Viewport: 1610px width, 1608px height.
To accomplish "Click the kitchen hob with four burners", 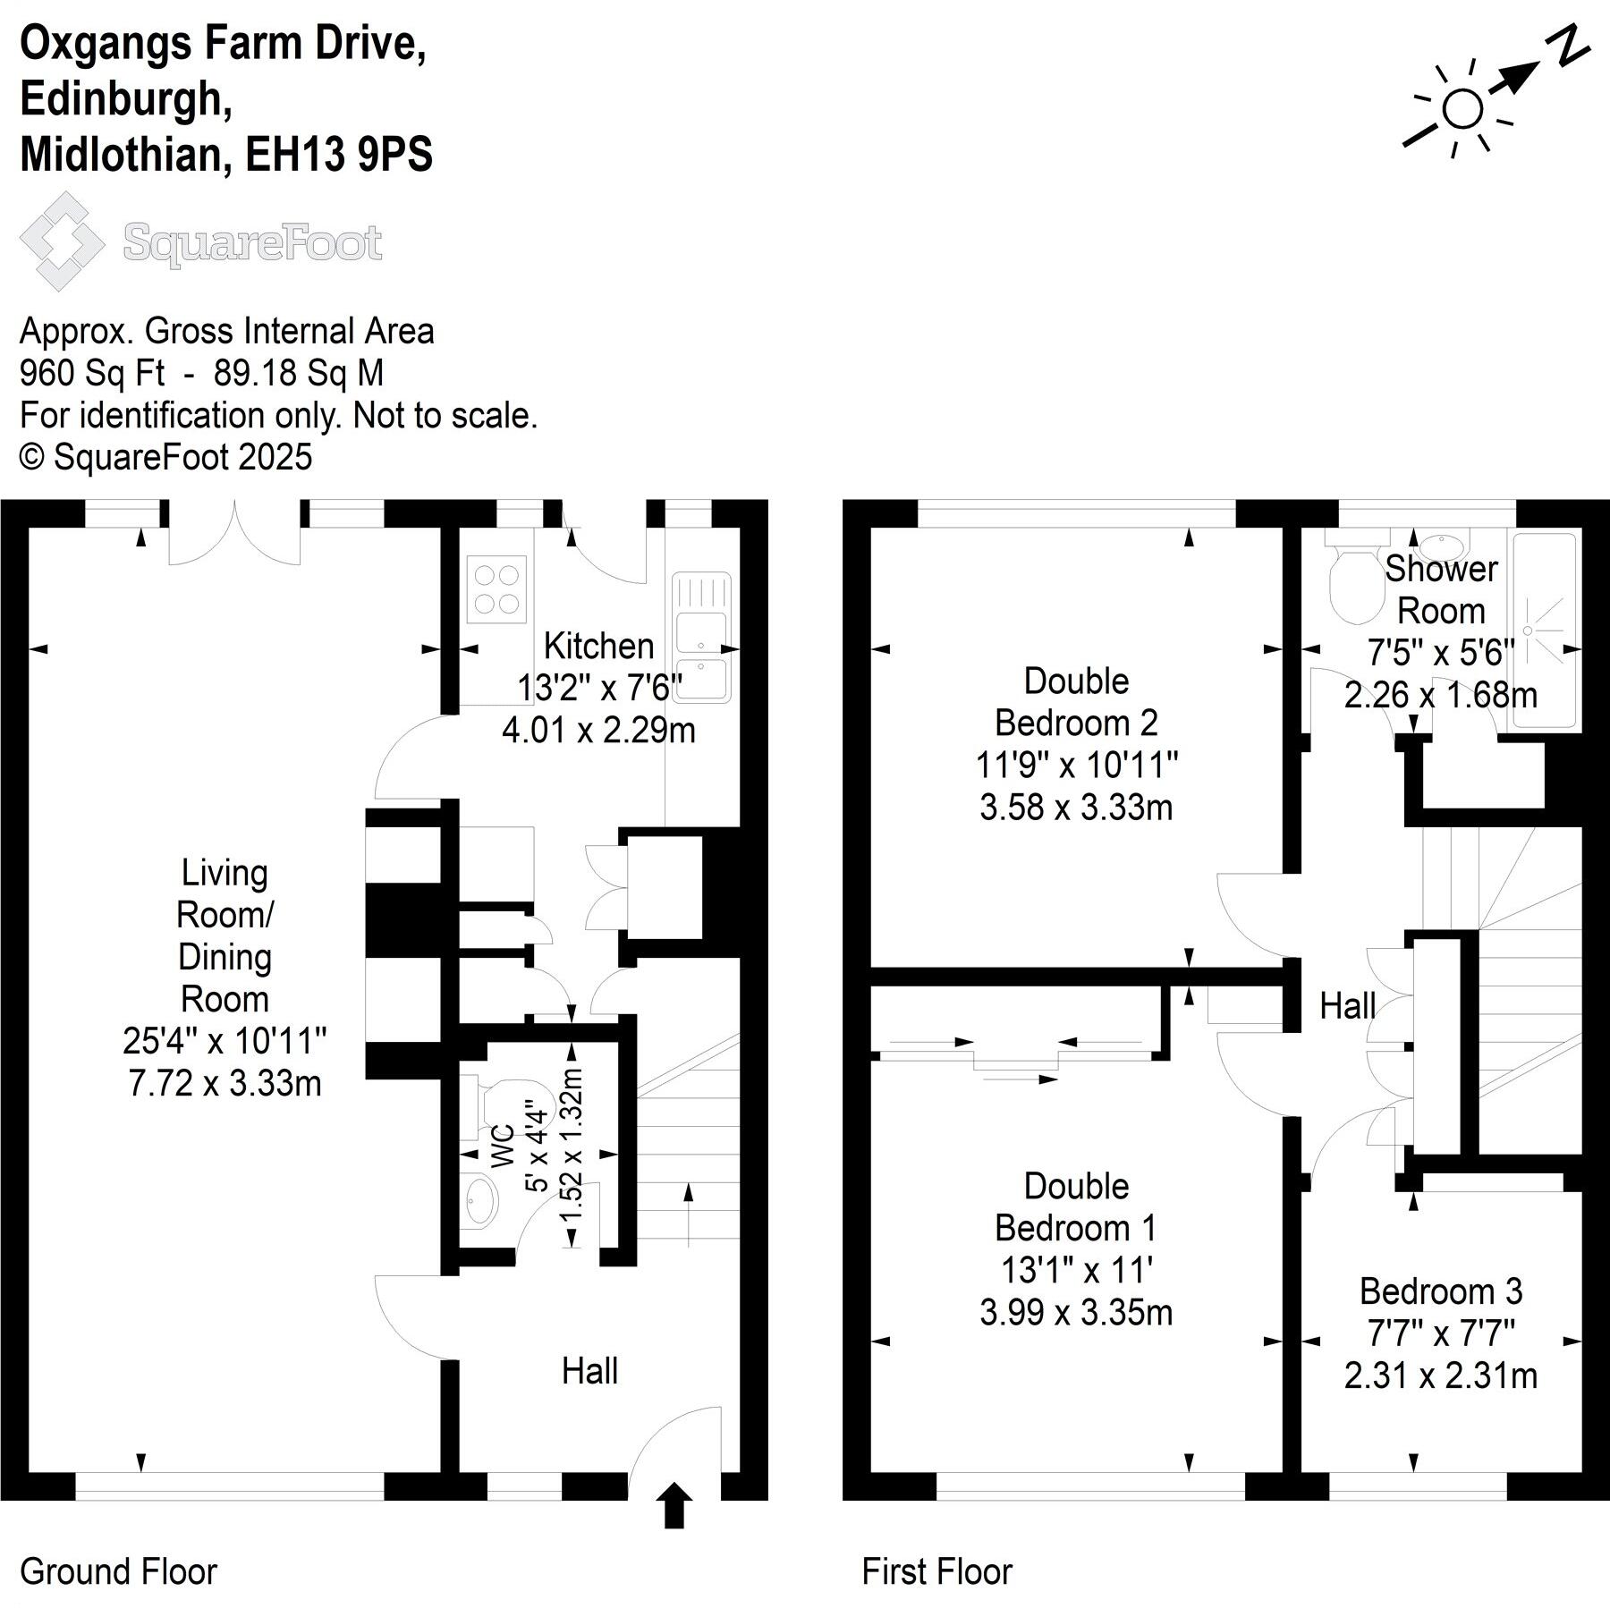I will (497, 588).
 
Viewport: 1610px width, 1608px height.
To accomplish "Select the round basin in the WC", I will (481, 1199).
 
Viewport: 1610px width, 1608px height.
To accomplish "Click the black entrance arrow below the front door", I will (674, 1505).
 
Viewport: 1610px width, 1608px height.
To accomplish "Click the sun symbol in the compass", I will (1462, 110).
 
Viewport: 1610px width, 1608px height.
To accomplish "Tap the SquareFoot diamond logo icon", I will (61, 241).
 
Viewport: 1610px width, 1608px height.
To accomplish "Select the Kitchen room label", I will (598, 646).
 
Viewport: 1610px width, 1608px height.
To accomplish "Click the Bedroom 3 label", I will (1440, 1291).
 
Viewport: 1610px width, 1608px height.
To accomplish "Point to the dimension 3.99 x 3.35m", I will (1076, 1313).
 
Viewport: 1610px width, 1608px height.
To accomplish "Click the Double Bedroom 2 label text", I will (1076, 701).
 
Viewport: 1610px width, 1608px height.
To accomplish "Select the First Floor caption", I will (936, 1570).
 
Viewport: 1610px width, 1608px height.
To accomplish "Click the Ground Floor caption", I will (118, 1570).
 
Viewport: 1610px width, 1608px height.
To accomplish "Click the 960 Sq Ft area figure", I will (91, 373).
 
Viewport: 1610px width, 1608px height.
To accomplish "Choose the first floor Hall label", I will (1347, 1006).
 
